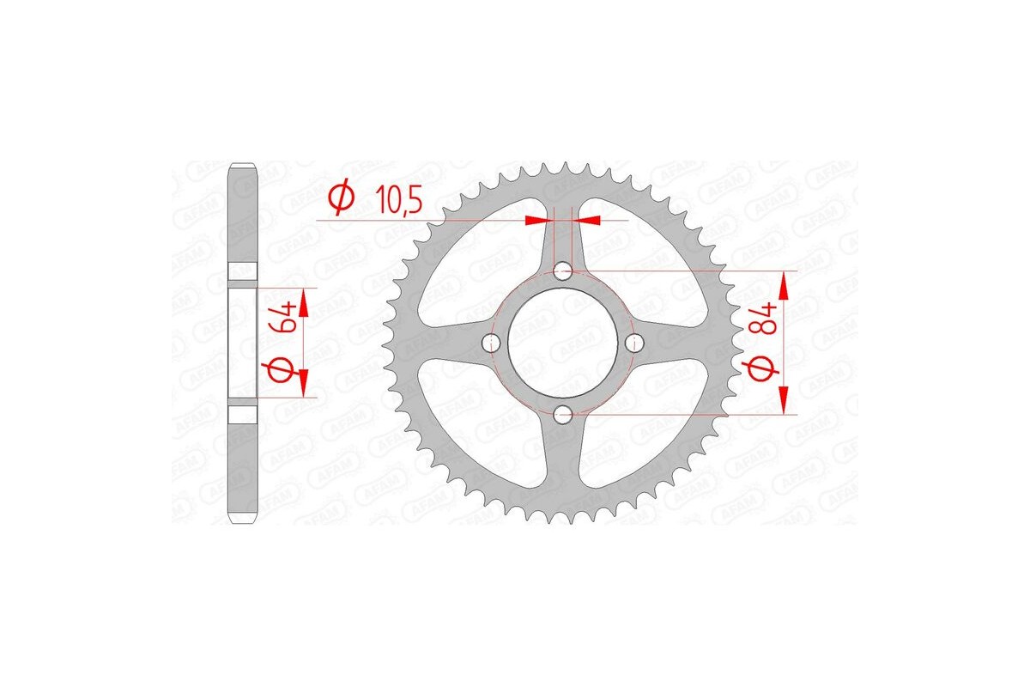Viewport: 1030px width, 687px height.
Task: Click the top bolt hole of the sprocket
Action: click(x=563, y=272)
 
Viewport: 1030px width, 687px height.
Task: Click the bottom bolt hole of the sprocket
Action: click(x=563, y=416)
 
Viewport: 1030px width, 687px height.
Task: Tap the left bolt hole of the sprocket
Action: click(x=492, y=343)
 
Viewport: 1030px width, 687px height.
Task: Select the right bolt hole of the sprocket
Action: click(x=635, y=343)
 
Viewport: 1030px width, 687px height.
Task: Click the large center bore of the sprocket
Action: click(x=563, y=343)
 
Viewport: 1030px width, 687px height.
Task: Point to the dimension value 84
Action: click(x=766, y=317)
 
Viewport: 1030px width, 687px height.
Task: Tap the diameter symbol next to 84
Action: click(x=766, y=369)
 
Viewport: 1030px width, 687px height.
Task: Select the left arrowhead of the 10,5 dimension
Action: click(x=536, y=221)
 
